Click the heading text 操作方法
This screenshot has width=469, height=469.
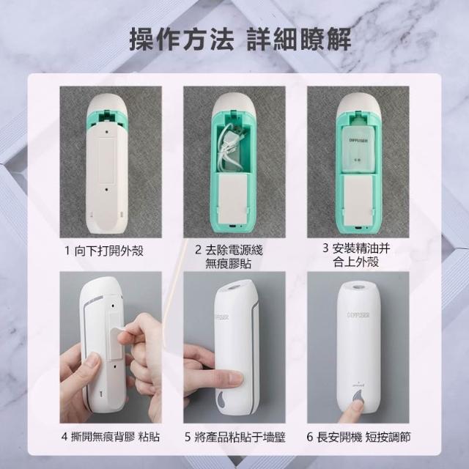pyautogui.click(x=181, y=39)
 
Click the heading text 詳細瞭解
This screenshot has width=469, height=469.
pyautogui.click(x=299, y=39)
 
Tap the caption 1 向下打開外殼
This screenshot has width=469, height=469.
pyautogui.click(x=104, y=251)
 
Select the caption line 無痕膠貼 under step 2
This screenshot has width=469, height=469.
pyautogui.click(x=228, y=264)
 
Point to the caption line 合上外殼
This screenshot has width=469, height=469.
pyautogui.click(x=356, y=262)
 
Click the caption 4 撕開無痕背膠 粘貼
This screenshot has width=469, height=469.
pyautogui.click(x=111, y=437)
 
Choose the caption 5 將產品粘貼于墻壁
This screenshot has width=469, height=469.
pyautogui.click(x=234, y=437)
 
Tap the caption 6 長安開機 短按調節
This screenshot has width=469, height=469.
pyautogui.click(x=358, y=437)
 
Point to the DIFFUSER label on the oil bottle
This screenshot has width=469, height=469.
pyautogui.click(x=358, y=141)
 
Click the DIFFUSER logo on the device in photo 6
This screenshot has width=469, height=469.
pyautogui.click(x=358, y=315)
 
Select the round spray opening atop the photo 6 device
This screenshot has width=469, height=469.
pyautogui.click(x=358, y=287)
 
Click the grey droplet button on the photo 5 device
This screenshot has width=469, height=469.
pyautogui.click(x=221, y=400)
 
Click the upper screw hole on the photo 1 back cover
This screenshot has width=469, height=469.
pyautogui.click(x=107, y=131)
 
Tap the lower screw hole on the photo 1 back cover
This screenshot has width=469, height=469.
pyautogui.click(x=107, y=189)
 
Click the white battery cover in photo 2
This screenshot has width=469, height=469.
pyautogui.click(x=233, y=199)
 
